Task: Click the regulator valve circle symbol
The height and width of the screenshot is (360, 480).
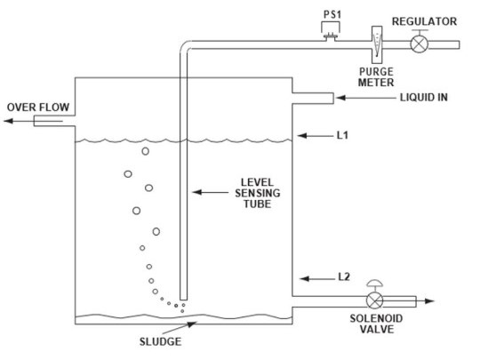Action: [x=416, y=44]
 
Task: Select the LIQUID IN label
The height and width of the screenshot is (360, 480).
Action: [x=417, y=97]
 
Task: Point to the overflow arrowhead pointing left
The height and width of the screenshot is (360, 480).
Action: [x=6, y=122]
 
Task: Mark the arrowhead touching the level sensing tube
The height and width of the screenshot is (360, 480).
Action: [x=196, y=191]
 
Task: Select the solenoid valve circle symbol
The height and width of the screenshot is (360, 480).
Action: [x=377, y=300]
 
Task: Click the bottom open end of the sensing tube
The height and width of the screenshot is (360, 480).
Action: [x=182, y=299]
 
